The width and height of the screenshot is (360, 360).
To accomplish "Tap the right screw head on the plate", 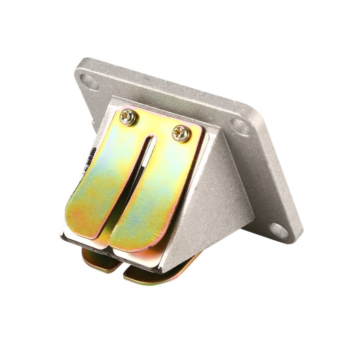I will pos(181,133).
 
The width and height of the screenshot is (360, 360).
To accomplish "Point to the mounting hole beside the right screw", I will pos(242,129).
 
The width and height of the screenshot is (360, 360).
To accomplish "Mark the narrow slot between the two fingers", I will pos(133,182).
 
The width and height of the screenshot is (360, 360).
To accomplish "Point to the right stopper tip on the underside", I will pos(142,277).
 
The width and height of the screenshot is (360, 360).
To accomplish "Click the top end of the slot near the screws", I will pos(150,138).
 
